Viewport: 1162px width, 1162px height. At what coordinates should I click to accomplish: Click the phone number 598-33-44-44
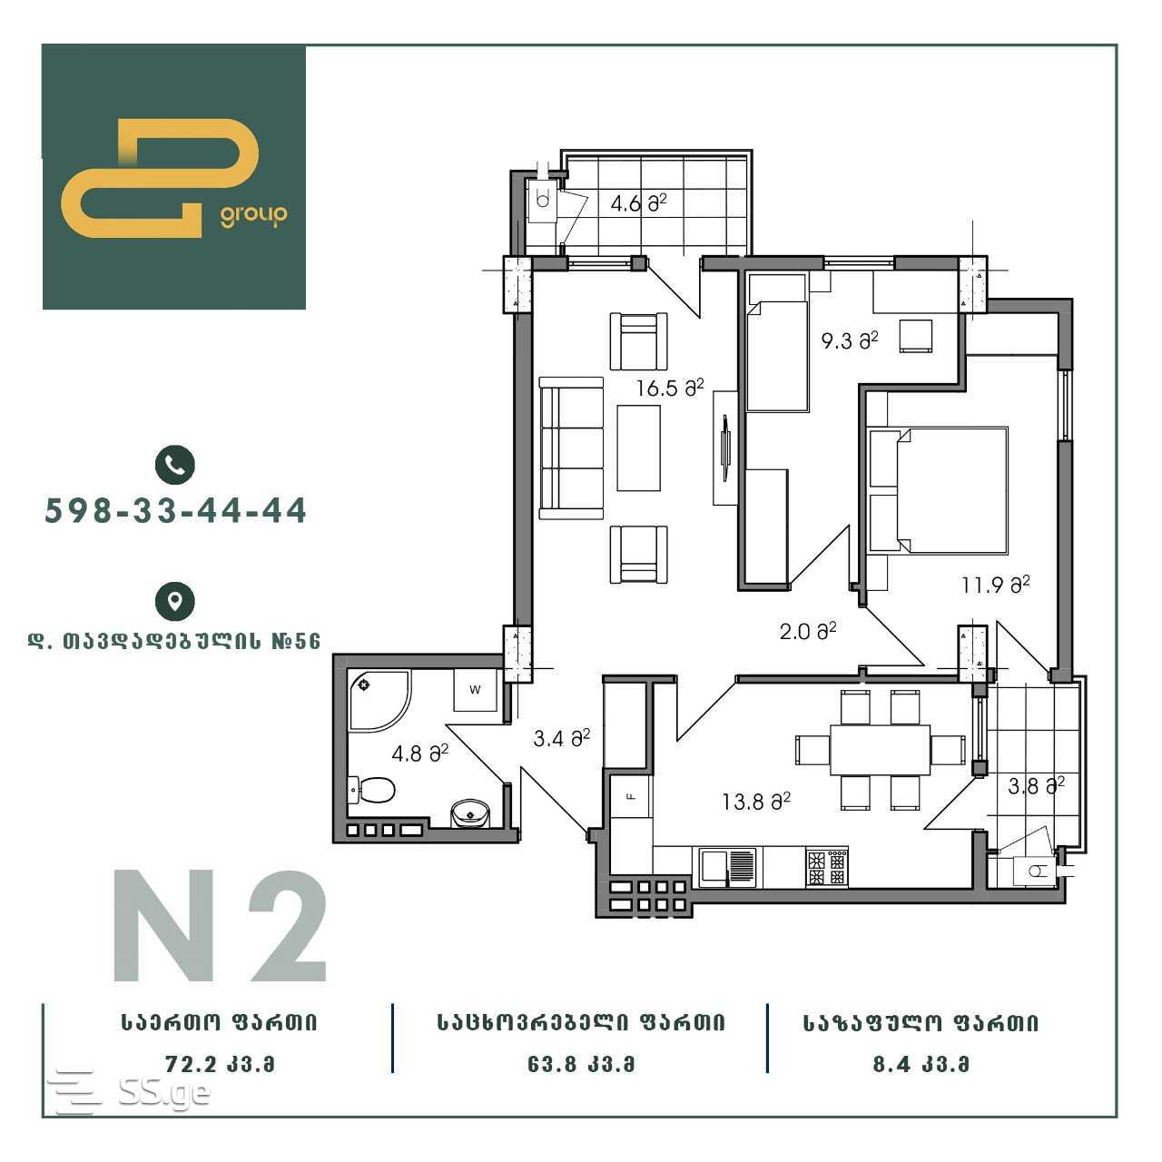point(175,511)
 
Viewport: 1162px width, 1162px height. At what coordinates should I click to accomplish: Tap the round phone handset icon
point(175,465)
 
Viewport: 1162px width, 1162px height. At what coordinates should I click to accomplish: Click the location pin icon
point(175,601)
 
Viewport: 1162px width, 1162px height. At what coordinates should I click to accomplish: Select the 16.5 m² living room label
point(670,388)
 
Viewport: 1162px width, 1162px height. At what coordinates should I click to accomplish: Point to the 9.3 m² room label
point(850,340)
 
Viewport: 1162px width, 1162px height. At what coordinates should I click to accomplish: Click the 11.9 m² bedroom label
point(996,585)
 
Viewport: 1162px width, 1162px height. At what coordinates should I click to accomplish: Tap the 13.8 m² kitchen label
point(756,802)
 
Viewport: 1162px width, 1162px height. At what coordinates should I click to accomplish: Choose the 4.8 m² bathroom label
point(419,753)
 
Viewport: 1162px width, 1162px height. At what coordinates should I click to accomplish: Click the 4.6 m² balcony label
point(638,203)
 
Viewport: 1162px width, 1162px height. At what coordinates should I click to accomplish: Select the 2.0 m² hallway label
point(808,631)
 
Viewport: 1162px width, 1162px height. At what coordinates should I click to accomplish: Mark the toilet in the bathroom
point(372,789)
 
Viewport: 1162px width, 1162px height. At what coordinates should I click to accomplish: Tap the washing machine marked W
point(475,689)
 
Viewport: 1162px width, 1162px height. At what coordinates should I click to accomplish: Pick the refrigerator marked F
point(631,796)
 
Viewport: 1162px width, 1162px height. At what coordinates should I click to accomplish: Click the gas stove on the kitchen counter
point(827,868)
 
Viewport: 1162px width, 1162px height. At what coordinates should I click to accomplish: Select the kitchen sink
point(727,868)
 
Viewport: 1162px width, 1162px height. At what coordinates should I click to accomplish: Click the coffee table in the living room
point(638,448)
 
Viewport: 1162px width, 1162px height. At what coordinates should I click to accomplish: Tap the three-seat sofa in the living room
point(571,448)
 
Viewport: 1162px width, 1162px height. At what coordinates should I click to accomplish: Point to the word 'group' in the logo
point(254,215)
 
